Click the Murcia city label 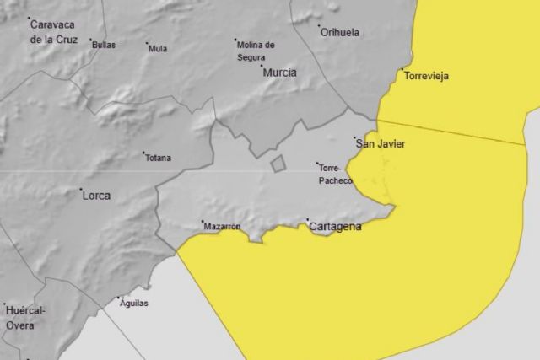[x=280, y=73]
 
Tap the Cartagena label [x=336, y=228]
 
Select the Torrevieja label [x=427, y=77]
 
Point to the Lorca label [x=96, y=196]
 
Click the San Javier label [x=381, y=144]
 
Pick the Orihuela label [x=340, y=33]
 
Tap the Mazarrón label [x=223, y=227]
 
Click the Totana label [x=158, y=159]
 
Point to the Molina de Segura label [x=256, y=50]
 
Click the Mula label [x=158, y=49]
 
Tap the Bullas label [x=104, y=45]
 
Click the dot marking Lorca [x=81, y=189]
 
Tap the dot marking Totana [x=143, y=153]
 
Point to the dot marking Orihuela [x=320, y=27]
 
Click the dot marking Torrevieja [x=402, y=69]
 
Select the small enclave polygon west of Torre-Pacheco [x=278, y=164]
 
